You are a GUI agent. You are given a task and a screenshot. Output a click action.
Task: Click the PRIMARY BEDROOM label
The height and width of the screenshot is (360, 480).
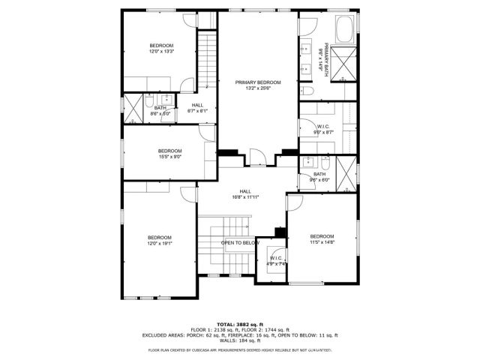(257, 82)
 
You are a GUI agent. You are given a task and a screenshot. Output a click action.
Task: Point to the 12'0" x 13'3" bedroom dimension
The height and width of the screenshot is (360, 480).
(160, 52)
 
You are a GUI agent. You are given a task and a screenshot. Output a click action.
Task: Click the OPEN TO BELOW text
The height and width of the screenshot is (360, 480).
(240, 243)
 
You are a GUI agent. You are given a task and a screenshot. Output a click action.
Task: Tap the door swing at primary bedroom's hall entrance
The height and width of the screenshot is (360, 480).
(257, 157)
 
